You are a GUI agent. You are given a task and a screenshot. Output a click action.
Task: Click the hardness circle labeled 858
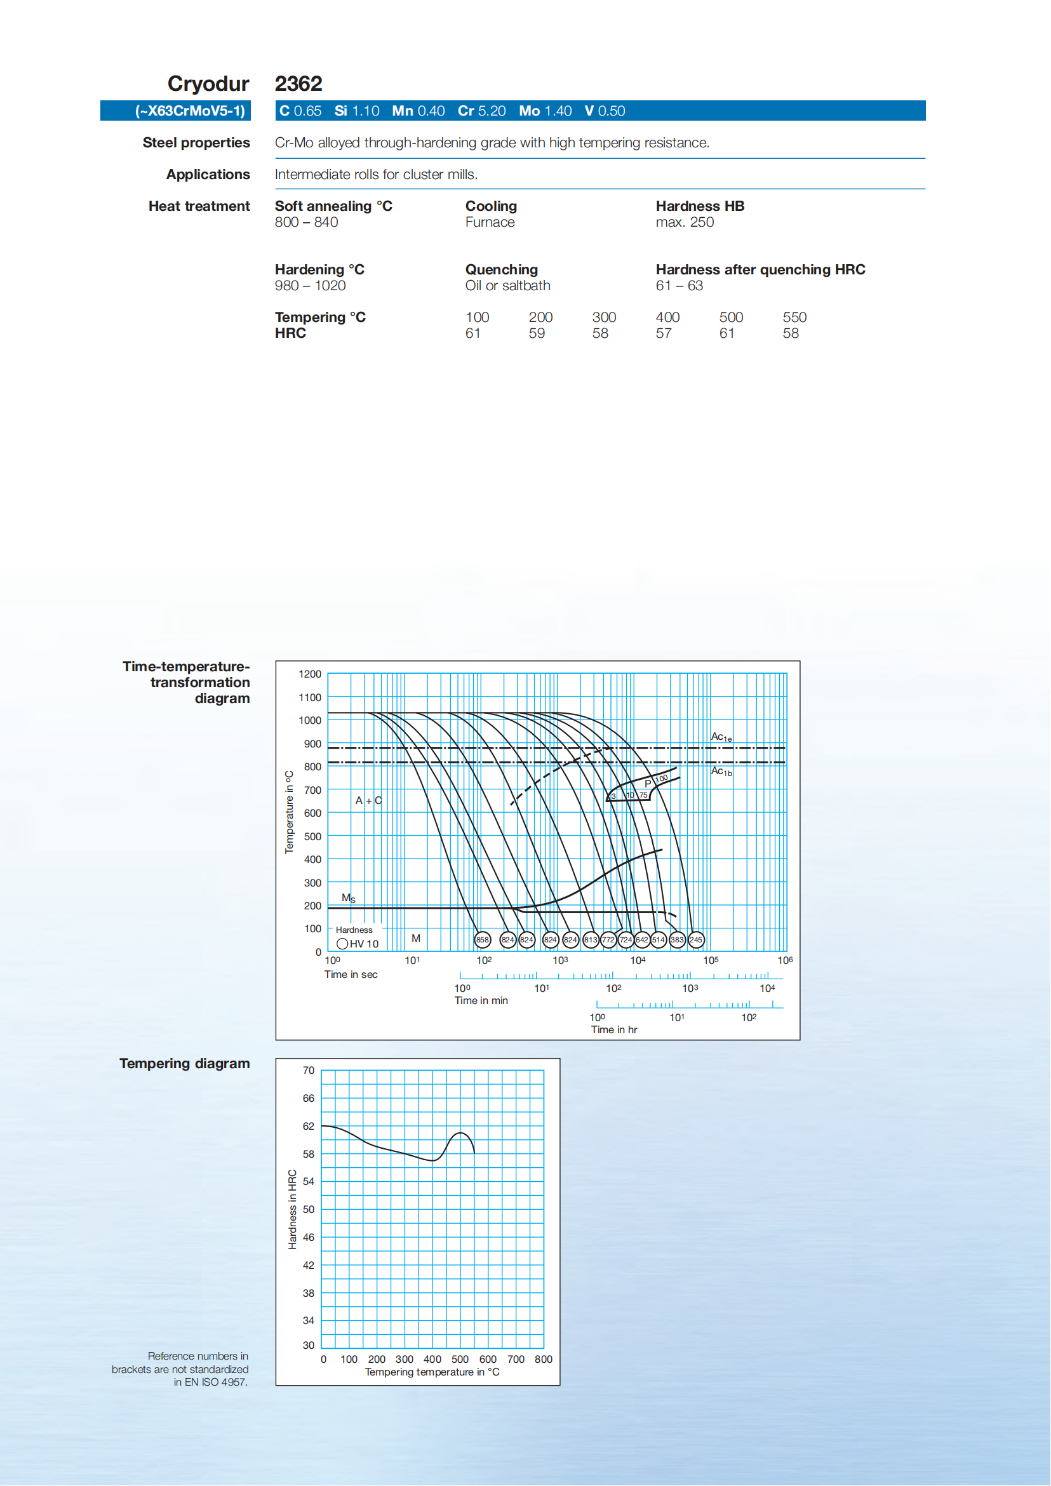pos(483,939)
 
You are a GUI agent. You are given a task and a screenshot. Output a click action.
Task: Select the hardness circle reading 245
pos(696,939)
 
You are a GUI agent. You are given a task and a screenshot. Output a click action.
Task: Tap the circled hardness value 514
pos(658,939)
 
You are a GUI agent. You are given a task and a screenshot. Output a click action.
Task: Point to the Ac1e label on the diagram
pos(721,737)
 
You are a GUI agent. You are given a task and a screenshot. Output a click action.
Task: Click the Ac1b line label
pos(721,771)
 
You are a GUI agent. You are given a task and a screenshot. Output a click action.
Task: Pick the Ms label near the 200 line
pos(348,898)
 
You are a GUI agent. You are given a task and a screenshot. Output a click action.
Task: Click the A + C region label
pos(368,801)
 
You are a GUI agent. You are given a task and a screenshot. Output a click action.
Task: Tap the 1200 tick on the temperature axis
pos(310,674)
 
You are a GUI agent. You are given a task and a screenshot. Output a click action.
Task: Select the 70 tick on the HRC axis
pos(309,1071)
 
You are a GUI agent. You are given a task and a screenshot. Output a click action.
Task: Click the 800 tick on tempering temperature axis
pos(543,1359)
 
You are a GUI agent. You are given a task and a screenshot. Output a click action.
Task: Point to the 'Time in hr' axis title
pos(613,1029)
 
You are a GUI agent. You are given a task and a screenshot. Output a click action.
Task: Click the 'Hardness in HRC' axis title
pos(293,1209)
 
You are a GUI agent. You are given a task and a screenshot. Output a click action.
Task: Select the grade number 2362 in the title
pos(298,83)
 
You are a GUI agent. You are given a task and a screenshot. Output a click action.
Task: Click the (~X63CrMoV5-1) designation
pos(191,110)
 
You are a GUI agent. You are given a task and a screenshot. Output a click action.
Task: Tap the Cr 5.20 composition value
pos(481,110)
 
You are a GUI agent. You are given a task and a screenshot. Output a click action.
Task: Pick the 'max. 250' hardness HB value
pos(685,222)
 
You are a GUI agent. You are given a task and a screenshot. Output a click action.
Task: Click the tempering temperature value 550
pos(794,317)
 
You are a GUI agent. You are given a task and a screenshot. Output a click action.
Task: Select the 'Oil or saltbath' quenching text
pos(507,285)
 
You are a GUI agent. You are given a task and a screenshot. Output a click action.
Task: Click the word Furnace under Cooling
pos(490,222)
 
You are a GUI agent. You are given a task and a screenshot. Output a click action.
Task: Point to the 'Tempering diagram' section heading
pos(184,1063)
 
